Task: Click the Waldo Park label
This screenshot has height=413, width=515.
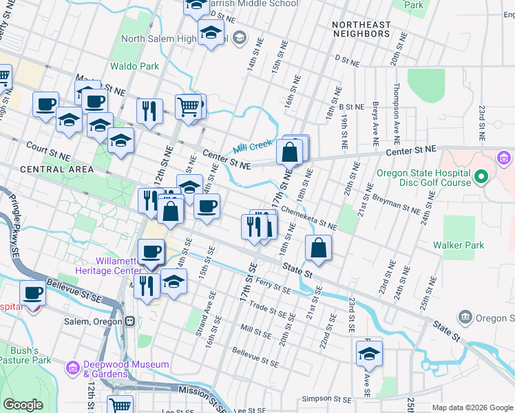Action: pyautogui.click(x=135, y=66)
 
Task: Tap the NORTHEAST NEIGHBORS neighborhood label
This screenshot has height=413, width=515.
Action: pyautogui.click(x=361, y=29)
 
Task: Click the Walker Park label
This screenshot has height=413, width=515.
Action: pyautogui.click(x=459, y=245)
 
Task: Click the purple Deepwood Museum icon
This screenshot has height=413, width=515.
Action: pyautogui.click(x=73, y=368)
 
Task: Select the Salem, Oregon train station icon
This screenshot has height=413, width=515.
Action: pyautogui.click(x=129, y=321)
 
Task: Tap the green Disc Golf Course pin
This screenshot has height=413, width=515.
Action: pyautogui.click(x=481, y=178)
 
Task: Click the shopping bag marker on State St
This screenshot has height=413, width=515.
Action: pyautogui.click(x=318, y=248)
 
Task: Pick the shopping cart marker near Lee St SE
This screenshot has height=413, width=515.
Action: pyautogui.click(x=120, y=405)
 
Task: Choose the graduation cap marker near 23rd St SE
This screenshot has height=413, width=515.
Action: pyautogui.click(x=369, y=354)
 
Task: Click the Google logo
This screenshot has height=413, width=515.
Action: pyautogui.click(x=23, y=405)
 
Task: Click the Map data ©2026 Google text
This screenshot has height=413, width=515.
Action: pyautogui.click(x=472, y=407)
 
